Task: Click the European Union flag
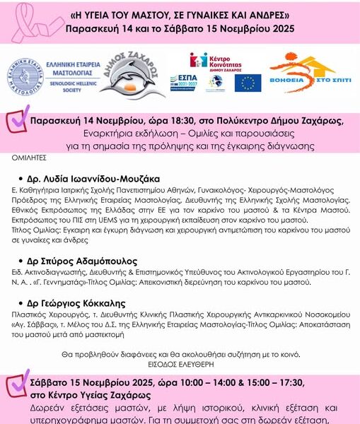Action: click(248, 83)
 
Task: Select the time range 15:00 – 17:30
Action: click(272, 382)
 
